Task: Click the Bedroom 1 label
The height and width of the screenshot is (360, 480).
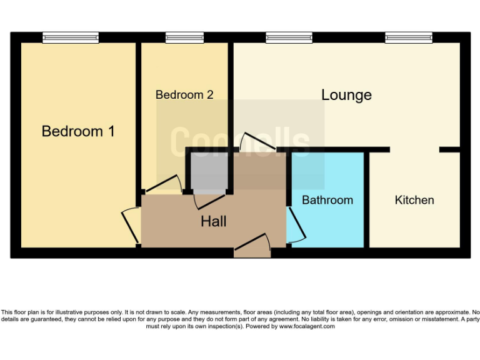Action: pos(78,131)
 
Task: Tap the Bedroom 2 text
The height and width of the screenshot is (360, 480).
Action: pos(184,95)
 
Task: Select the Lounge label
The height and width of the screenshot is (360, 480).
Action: pos(346,95)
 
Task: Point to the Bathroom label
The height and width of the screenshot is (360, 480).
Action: pos(327,200)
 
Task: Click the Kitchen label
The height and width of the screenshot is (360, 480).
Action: pos(414,200)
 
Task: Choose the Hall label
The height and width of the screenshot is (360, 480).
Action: pos(213,221)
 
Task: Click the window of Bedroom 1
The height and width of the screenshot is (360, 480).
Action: pos(71,37)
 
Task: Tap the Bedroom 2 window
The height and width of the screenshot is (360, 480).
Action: pos(184,37)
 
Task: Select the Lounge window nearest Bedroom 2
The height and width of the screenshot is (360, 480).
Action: pos(289,37)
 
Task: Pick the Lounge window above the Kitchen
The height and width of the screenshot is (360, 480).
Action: pos(408,37)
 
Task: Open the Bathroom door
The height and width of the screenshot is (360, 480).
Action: pos(296,225)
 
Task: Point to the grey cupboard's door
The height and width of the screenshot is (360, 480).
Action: pos(209,201)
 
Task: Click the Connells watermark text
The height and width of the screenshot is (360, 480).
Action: pos(240,141)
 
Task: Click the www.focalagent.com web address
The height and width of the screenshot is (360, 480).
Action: pos(307,326)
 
